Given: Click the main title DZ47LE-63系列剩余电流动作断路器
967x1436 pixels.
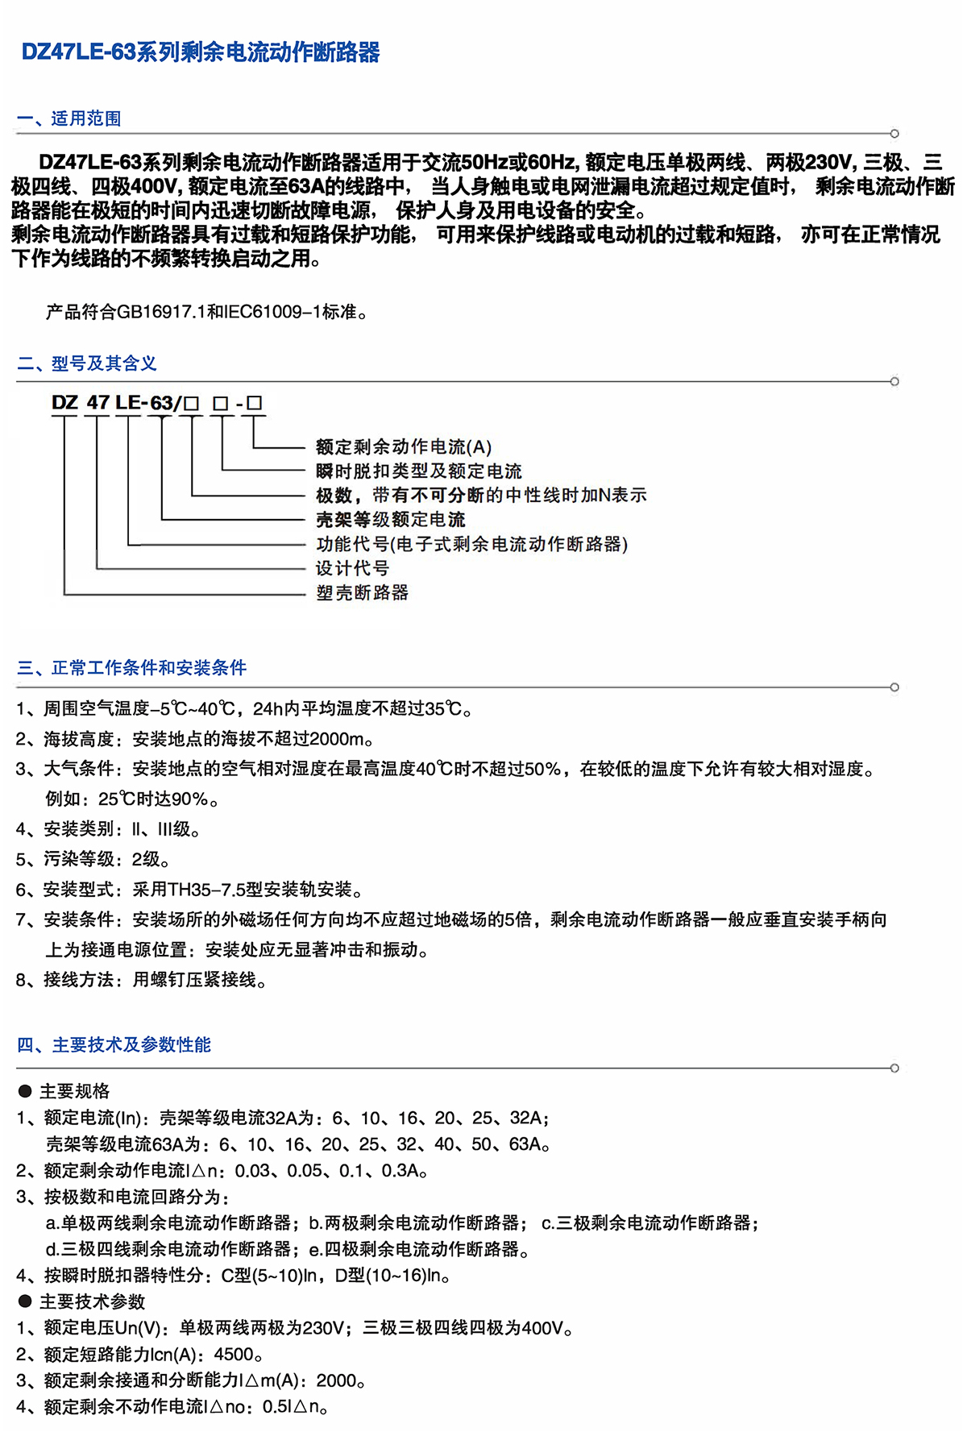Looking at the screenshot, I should [200, 53].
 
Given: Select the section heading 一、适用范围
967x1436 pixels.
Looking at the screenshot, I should [68, 118].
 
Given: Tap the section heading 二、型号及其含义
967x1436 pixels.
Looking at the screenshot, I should [86, 363].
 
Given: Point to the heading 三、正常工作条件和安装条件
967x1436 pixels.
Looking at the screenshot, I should [131, 668].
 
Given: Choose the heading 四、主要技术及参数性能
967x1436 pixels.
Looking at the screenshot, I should [114, 1045].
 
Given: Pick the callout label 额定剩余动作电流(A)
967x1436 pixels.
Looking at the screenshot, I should [403, 447].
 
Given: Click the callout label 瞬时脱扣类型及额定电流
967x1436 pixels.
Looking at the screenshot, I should [418, 471].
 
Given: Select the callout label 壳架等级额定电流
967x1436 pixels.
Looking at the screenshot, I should [390, 520].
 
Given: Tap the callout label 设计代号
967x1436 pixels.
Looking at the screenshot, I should [352, 568].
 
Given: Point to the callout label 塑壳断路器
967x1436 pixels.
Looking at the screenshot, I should [362, 593].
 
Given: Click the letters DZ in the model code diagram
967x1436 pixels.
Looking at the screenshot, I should [64, 402].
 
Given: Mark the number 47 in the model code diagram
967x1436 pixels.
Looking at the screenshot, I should [98, 402].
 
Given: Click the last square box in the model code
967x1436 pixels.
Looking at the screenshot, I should [255, 402].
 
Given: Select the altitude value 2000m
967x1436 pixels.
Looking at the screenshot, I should [337, 739].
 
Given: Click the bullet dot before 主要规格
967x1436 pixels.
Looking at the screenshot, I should [25, 1092].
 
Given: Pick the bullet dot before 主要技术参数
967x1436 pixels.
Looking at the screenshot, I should [25, 1301].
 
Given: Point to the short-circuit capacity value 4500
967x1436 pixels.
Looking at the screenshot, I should [234, 1355].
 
